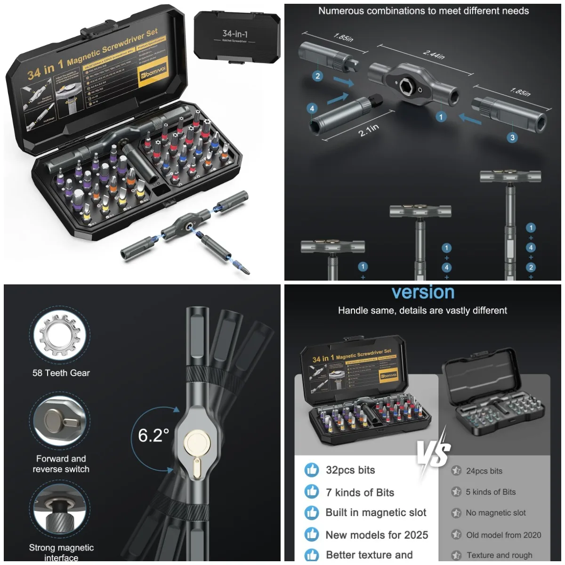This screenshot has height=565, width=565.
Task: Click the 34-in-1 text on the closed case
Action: click(x=235, y=34)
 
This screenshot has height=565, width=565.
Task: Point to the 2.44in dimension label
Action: click(x=434, y=55)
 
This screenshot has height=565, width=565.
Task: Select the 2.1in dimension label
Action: click(x=369, y=130)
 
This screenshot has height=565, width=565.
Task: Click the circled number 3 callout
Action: click(x=512, y=137)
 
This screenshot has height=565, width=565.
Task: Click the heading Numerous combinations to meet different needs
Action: click(x=423, y=11)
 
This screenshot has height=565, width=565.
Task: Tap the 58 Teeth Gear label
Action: click(x=61, y=373)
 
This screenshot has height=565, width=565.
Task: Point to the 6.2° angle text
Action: click(x=153, y=436)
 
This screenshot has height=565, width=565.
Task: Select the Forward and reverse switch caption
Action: click(x=61, y=464)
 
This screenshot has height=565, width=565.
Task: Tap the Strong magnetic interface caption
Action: click(x=61, y=552)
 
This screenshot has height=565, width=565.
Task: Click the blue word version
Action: click(x=423, y=292)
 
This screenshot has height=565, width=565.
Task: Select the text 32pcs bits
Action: click(x=350, y=470)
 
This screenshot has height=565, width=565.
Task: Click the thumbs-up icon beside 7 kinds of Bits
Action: click(x=312, y=492)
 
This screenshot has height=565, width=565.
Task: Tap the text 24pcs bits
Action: click(x=484, y=471)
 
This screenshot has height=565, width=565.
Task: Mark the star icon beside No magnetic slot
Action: click(x=456, y=513)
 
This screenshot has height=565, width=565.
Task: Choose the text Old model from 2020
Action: click(x=503, y=535)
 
